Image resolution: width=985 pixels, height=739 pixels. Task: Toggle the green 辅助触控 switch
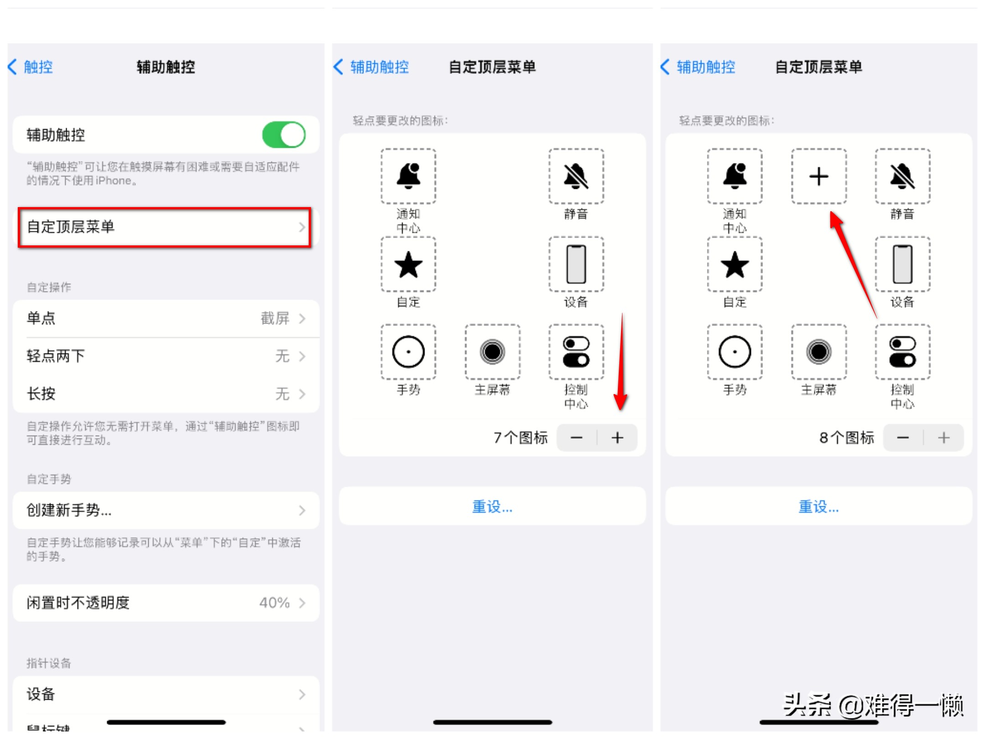pos(284,135)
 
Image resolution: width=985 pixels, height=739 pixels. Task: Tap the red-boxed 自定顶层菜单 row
pos(164,227)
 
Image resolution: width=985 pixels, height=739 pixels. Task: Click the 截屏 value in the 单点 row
pos(275,318)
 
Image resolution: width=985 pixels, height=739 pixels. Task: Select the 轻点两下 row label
pos(56,356)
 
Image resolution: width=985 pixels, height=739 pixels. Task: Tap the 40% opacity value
pos(275,603)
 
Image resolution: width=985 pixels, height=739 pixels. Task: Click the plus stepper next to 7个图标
pos(617,438)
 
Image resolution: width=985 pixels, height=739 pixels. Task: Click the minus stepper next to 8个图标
pos(903,438)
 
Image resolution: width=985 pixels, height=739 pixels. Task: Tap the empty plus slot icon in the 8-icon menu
pos(819,176)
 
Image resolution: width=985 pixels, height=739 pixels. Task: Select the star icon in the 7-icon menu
pos(409,264)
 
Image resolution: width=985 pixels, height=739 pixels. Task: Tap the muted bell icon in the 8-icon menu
pos(903,176)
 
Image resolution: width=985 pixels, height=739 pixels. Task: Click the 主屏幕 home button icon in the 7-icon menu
pos(493,352)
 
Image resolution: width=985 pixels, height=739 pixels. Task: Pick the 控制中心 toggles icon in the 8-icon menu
pos(903,352)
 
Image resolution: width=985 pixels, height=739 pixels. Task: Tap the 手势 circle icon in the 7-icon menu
pos(409,352)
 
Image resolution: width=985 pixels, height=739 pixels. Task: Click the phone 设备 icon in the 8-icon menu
pos(903,264)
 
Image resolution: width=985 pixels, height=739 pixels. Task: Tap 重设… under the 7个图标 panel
pos(493,507)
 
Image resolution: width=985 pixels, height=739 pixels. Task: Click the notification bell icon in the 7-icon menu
pos(409,176)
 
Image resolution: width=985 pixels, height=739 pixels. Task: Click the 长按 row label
pos(41,394)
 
